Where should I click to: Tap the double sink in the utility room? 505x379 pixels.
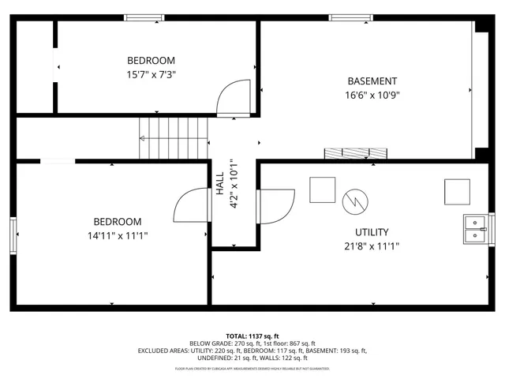tap(474, 228)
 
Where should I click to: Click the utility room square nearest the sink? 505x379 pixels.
tap(457, 192)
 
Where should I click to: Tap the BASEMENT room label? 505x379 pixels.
tap(372, 81)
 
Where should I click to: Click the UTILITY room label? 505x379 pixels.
tap(371, 232)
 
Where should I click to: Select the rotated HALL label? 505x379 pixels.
tap(220, 186)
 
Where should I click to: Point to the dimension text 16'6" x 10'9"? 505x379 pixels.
tap(372, 96)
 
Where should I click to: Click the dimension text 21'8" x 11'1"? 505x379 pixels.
tap(371, 246)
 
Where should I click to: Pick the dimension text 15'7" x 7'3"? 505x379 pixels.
tap(151, 75)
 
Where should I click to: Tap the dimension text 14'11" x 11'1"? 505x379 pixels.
tap(118, 236)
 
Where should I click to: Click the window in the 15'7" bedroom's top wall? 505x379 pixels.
tap(144, 17)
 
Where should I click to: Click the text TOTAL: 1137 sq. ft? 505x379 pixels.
tap(252, 336)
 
